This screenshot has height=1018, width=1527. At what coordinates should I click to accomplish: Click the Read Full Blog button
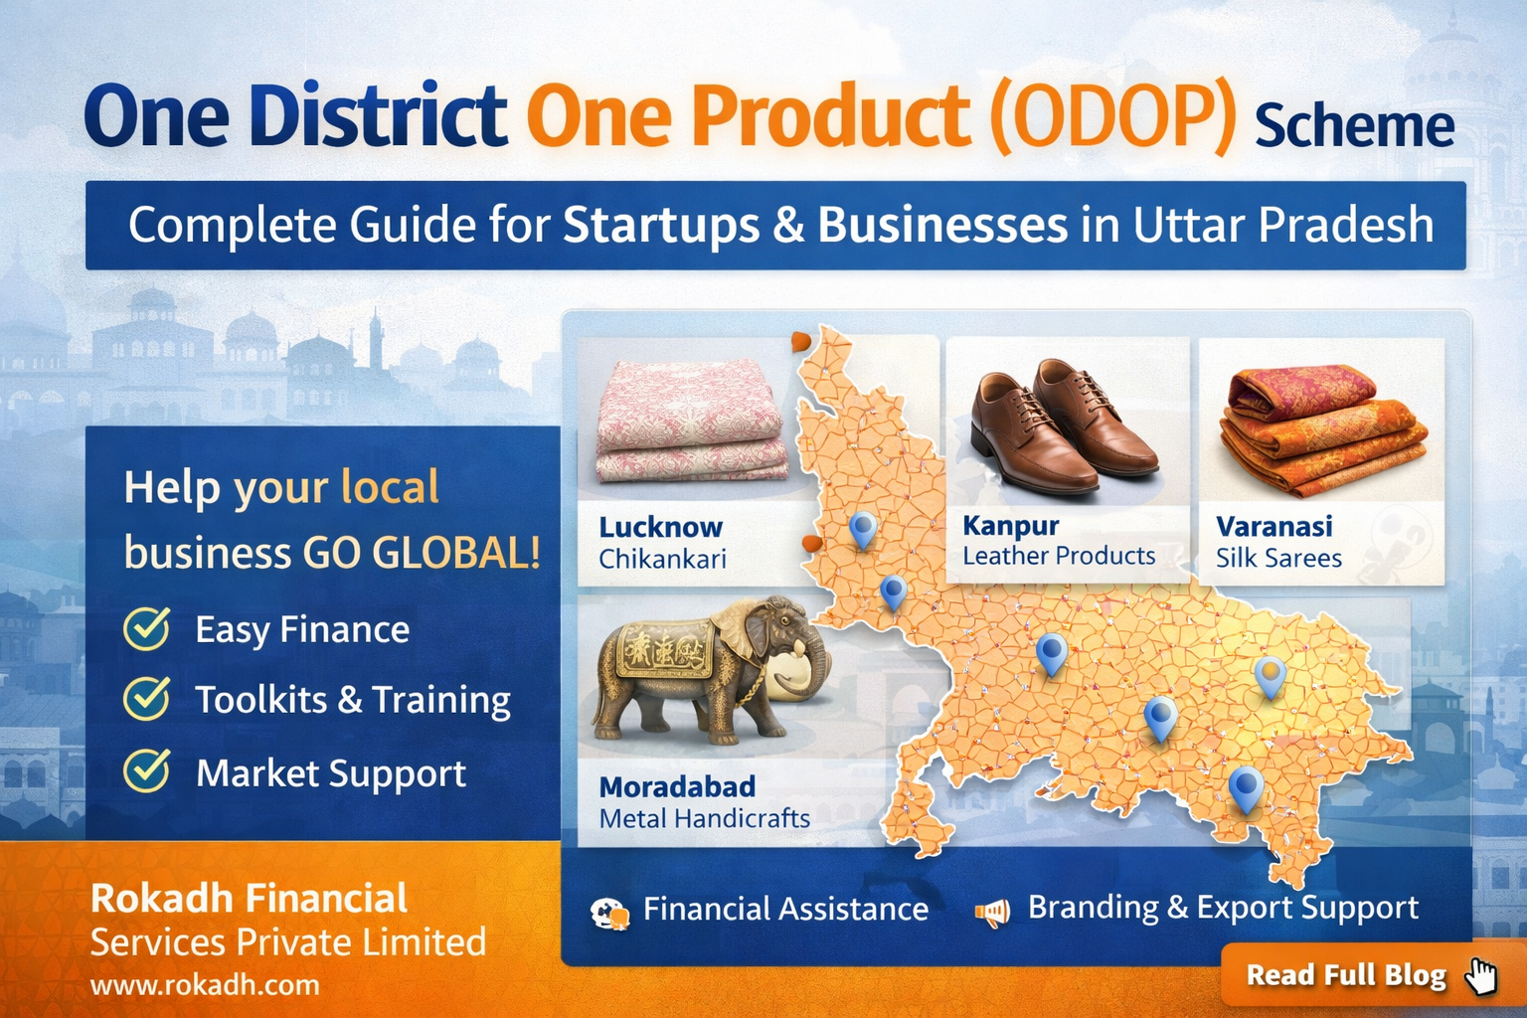pos(1346,975)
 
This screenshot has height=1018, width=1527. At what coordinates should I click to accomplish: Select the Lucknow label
pos(660,527)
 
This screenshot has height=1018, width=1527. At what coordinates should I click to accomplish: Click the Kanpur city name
pos(1010,525)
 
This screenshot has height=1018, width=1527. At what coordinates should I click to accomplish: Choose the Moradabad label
pos(677,786)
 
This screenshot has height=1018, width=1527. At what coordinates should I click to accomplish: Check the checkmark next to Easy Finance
pos(147,628)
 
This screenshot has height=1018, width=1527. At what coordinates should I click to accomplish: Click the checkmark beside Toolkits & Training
pos(147,698)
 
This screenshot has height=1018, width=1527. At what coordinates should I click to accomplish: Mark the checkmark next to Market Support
pos(147,770)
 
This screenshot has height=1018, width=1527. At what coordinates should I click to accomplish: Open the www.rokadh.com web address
pos(205,985)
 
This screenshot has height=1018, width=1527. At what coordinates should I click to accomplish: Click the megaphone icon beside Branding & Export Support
pos(992,911)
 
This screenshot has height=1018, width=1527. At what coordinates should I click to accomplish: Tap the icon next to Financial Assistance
pos(608,913)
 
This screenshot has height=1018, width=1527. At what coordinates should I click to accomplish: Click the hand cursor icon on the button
pos(1481,976)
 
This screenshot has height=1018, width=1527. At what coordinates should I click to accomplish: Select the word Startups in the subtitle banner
pos(660,226)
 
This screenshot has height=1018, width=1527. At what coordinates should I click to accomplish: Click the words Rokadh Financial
pos(249,899)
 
